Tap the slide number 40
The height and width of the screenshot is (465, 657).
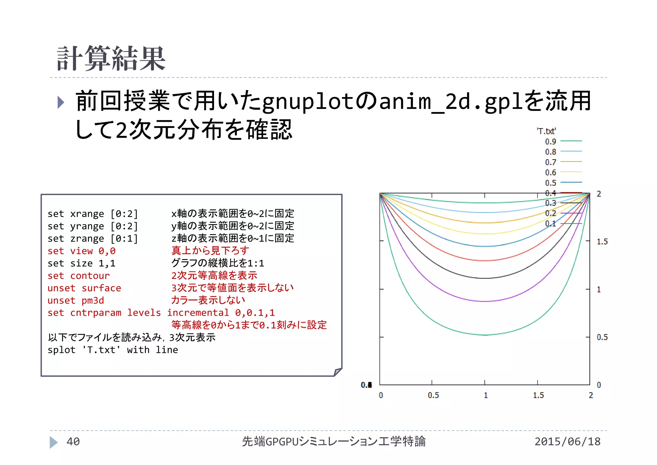tap(73, 442)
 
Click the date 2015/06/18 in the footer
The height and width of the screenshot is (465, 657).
tap(567, 442)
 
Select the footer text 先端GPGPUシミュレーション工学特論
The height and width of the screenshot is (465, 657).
tap(334, 442)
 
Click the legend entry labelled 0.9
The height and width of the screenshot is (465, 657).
tap(550, 141)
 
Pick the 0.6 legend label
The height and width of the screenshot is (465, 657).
tap(550, 172)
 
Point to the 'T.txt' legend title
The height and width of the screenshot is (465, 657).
tap(546, 131)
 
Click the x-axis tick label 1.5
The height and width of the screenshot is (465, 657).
tap(538, 395)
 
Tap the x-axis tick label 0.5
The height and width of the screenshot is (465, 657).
tap(433, 395)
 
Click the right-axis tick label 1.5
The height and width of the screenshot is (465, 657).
tap(602, 241)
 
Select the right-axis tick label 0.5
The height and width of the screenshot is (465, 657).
tap(602, 337)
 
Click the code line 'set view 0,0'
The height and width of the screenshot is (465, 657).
tap(81, 251)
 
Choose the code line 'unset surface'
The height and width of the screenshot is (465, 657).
tap(84, 288)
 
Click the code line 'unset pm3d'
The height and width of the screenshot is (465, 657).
tap(76, 301)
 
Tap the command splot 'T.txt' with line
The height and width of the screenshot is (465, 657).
tap(113, 350)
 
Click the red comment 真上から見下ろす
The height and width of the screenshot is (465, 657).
tap(210, 250)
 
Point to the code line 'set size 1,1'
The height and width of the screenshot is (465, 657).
tap(81, 263)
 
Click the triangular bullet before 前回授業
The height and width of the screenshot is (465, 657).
tap(61, 102)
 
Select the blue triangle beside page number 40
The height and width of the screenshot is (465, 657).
tap(53, 442)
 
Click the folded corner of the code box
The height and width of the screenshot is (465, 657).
tap(337, 372)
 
